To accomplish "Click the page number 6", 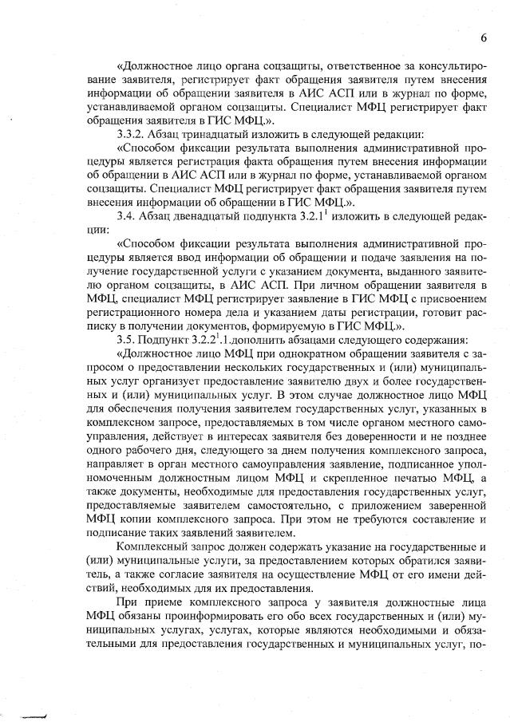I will (484, 38).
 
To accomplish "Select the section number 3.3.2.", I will (132, 133).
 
